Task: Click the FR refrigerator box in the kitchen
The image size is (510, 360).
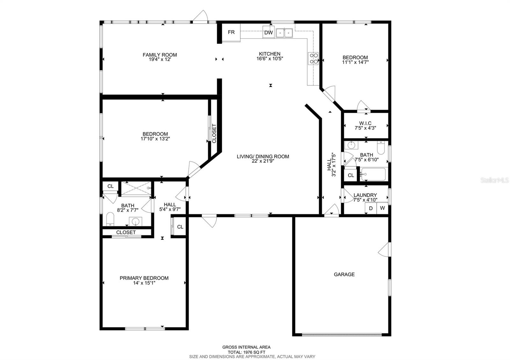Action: pos(231,32)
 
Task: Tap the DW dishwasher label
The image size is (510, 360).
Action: pos(268,32)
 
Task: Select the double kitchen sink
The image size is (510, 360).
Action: pos(284,32)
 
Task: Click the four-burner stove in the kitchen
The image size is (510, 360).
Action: pos(314,58)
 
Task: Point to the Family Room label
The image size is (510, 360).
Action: pos(160,55)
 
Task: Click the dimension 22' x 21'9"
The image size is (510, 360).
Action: pos(263,161)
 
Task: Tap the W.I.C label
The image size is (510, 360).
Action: pos(365,123)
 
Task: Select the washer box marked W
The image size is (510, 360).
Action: pos(382,208)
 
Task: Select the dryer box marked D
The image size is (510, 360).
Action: pos(371,208)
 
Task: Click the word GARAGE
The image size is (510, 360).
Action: pos(344,274)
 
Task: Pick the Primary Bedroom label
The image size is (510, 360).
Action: pos(144,278)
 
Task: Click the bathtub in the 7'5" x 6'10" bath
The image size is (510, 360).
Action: pos(373,175)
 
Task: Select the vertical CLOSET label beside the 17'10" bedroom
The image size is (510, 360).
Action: pos(214,133)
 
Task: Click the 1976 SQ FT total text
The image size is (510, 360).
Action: pos(246,352)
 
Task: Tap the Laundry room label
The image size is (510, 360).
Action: pos(365,195)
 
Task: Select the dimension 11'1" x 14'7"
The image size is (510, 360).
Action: pos(355,62)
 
